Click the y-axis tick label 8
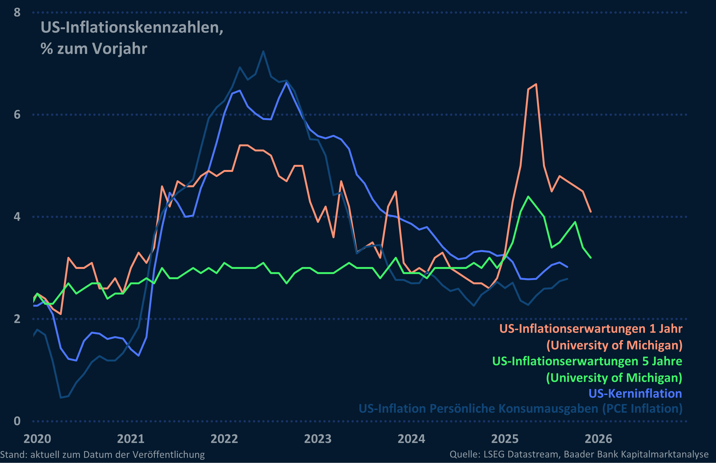click(x=17, y=13)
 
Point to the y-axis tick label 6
click(x=17, y=115)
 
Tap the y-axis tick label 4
click(x=17, y=217)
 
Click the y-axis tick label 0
click(x=17, y=421)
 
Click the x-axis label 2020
click(x=37, y=439)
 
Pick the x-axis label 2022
click(x=224, y=439)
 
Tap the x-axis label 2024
click(x=411, y=439)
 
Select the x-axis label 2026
click(x=598, y=439)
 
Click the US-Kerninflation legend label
click(x=635, y=393)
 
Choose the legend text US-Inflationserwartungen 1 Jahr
click(x=591, y=329)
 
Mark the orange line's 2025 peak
click(x=536, y=84)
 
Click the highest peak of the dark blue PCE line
click(x=263, y=51)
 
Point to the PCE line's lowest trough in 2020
click(x=61, y=398)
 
